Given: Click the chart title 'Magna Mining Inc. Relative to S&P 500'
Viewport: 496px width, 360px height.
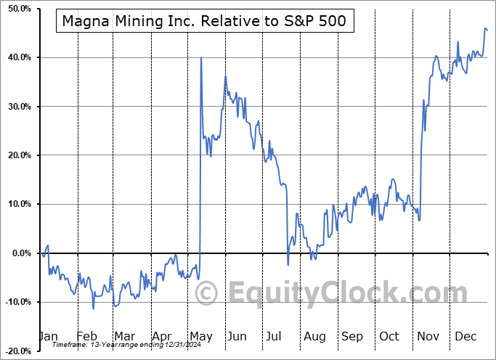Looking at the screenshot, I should [205, 21].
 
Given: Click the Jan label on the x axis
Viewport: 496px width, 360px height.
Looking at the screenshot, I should [48, 337].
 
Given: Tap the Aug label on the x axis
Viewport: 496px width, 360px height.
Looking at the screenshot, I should [314, 337].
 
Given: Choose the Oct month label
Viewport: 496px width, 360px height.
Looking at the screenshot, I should [390, 337].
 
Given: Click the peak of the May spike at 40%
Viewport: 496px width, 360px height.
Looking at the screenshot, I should [201, 58].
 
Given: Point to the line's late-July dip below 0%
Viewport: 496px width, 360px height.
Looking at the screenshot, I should [288, 265].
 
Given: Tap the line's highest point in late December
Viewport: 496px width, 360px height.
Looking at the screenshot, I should [485, 28].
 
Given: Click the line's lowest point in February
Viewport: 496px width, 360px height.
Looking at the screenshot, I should [93, 308].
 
